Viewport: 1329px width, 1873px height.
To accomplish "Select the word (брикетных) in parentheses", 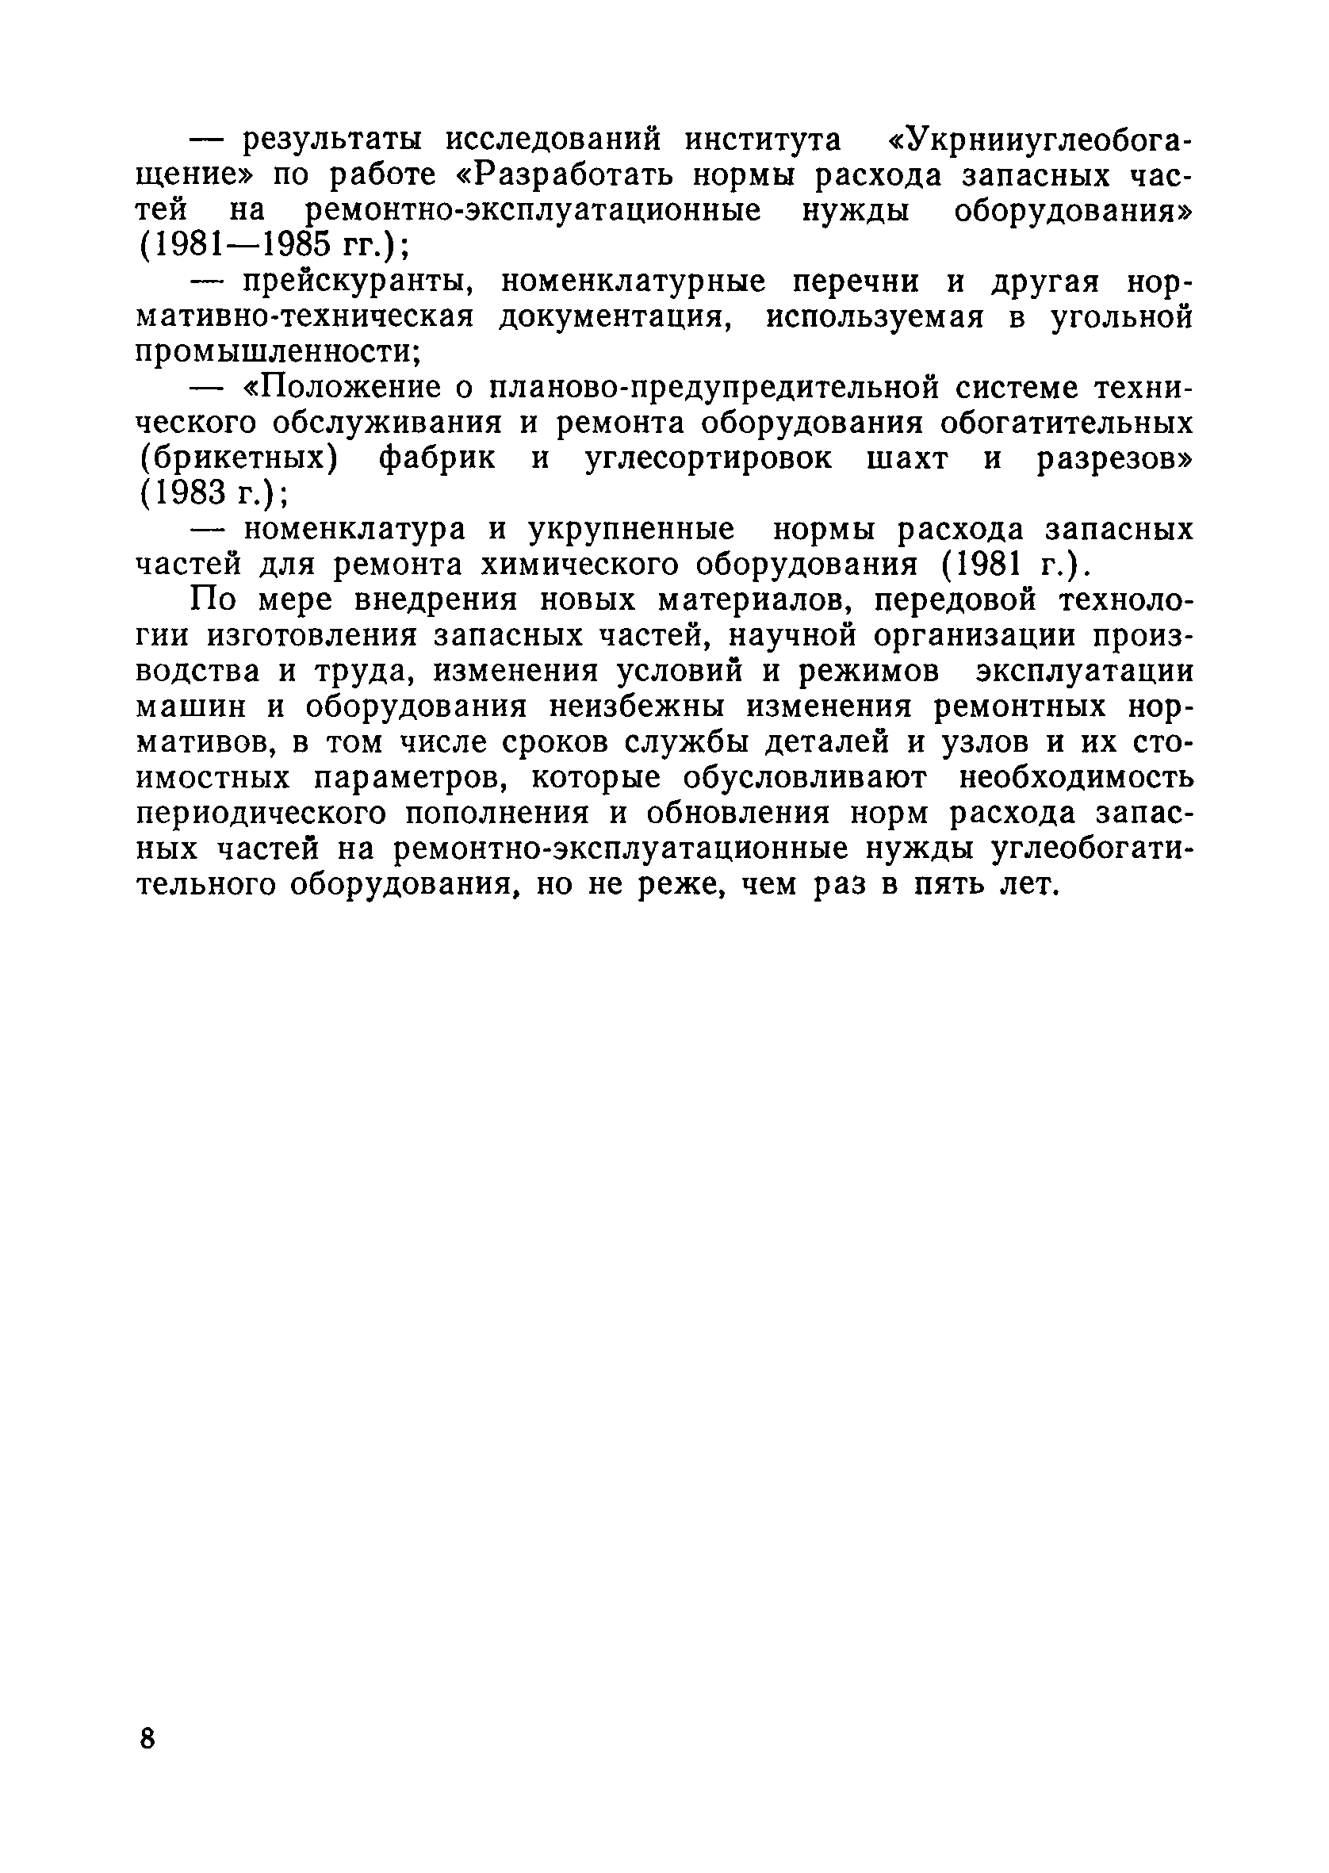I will pyautogui.click(x=238, y=458).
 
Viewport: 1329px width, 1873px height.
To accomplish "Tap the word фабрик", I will pyautogui.click(x=437, y=458).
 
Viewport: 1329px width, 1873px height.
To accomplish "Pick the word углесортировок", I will pyautogui.click(x=709, y=458).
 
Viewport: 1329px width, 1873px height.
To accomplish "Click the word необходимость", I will pyautogui.click(x=1075, y=777).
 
